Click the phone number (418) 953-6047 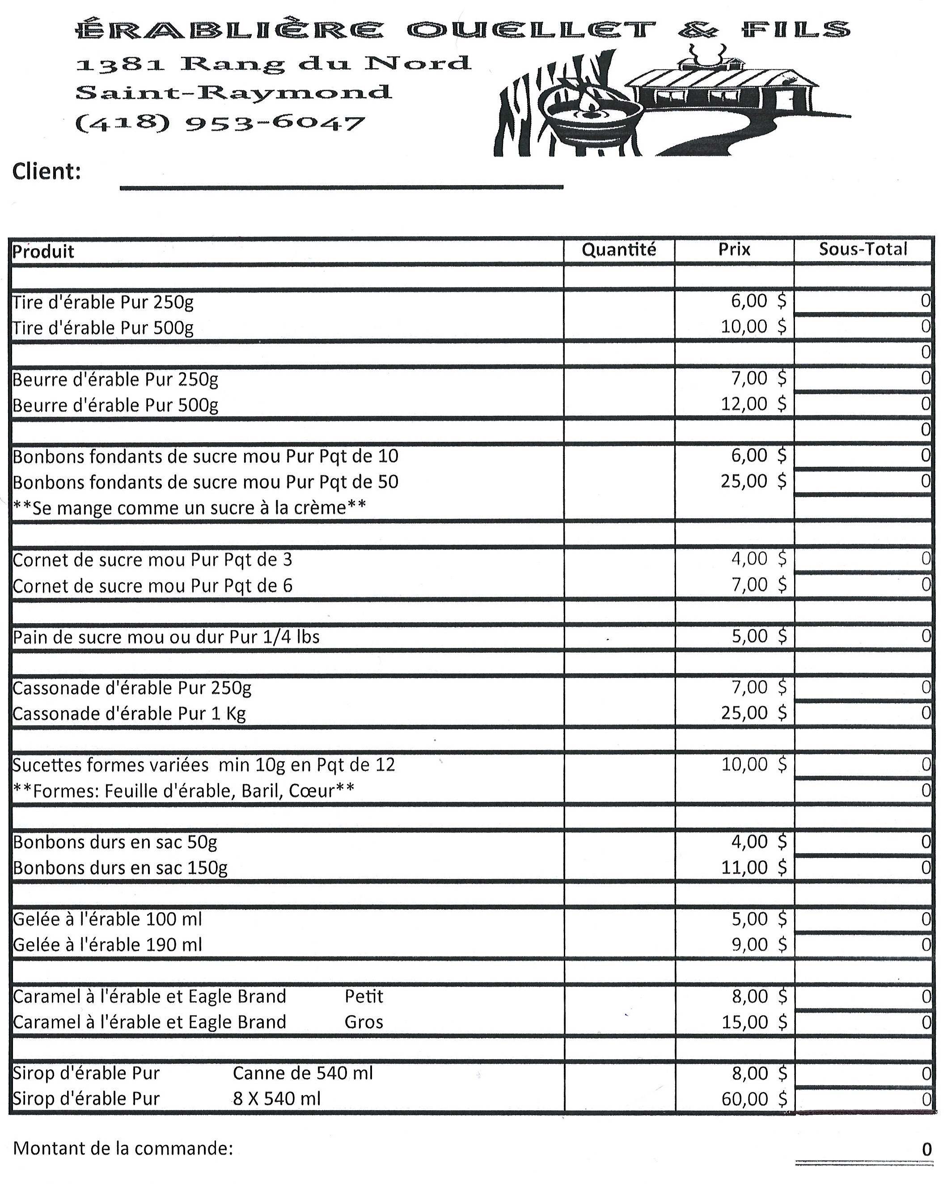[220, 123]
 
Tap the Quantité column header [619, 250]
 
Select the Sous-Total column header [863, 249]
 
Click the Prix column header [734, 250]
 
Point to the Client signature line [341, 186]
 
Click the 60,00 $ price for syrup [753, 1099]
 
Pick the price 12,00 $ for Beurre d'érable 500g [753, 404]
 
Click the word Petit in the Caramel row [364, 996]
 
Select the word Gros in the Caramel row [364, 1022]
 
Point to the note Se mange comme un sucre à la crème [189, 507]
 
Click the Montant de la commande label [123, 1148]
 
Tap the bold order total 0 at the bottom [927, 1149]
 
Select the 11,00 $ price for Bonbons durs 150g [753, 868]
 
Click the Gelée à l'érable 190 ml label [108, 945]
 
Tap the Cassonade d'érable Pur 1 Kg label [129, 713]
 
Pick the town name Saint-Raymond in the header [233, 92]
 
